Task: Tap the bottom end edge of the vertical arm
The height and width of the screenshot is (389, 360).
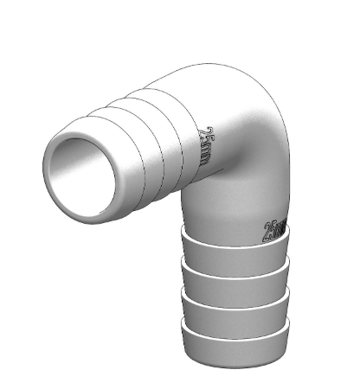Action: tap(234, 355)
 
